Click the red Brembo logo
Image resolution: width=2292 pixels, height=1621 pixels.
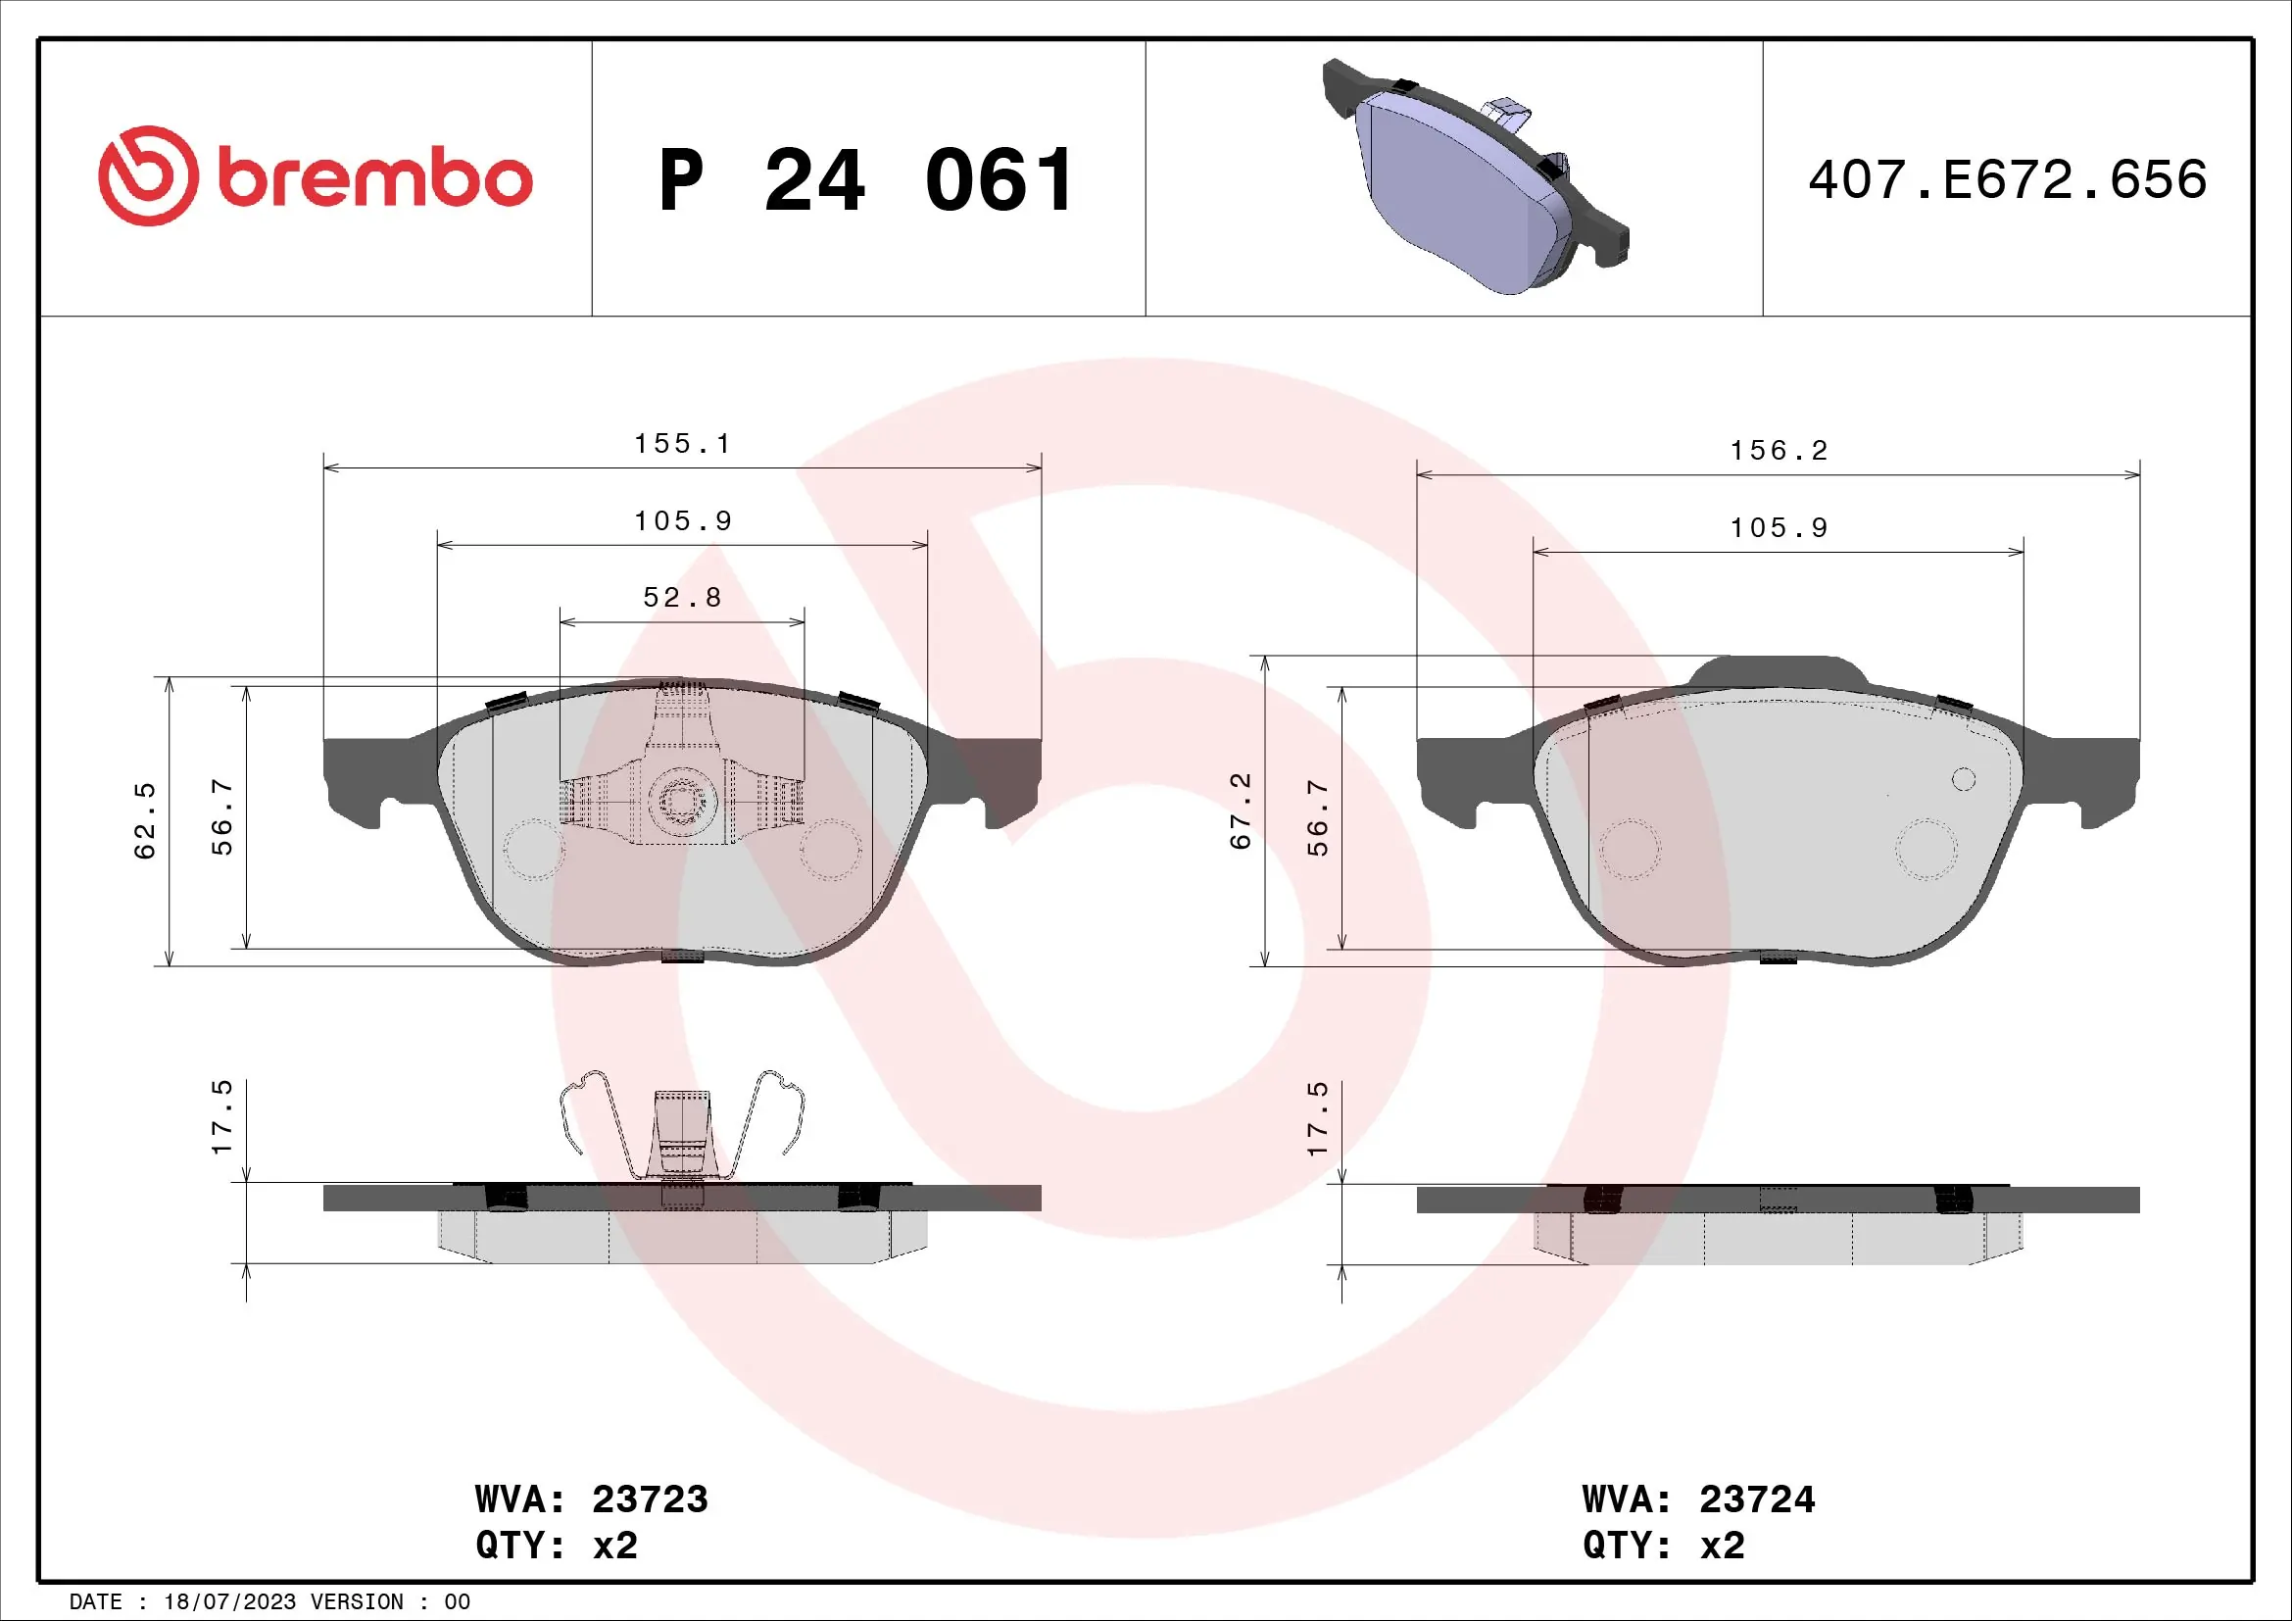click(315, 176)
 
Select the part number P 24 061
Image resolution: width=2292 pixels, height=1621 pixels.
click(866, 180)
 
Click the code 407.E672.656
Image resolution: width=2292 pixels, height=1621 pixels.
click(2007, 179)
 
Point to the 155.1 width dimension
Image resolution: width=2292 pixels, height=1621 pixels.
click(683, 443)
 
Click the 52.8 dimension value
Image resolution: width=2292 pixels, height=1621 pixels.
click(683, 597)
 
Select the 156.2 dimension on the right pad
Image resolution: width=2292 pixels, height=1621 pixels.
click(1779, 450)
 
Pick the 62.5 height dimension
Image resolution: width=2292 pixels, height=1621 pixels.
click(146, 820)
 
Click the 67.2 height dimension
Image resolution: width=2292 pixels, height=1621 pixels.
click(1241, 810)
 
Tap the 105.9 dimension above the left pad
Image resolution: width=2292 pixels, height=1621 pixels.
click(683, 520)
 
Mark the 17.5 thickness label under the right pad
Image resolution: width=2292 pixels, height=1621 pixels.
click(1318, 1118)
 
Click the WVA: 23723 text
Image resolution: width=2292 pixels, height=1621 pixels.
click(591, 1498)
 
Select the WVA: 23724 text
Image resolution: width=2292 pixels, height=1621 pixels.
click(1698, 1498)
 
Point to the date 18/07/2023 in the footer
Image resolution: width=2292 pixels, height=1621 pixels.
click(229, 1602)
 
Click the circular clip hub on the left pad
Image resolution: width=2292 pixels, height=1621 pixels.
click(682, 802)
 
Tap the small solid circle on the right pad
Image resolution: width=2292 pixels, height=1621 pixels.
click(1963, 779)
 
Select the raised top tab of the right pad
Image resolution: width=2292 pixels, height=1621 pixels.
click(1779, 670)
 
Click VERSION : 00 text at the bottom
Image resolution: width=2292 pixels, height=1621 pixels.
click(389, 1602)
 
